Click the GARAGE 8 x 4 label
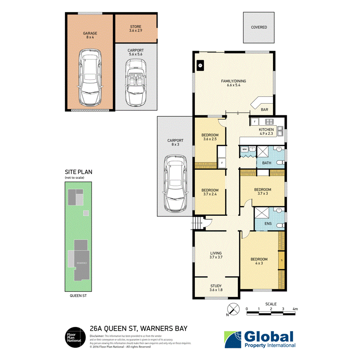point(90,35)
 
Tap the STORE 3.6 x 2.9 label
point(136,29)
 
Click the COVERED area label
point(259,27)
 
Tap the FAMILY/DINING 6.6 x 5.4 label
point(233,83)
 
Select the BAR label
point(264,110)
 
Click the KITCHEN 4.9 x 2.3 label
point(266,132)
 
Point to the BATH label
point(267,163)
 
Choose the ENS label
point(267,223)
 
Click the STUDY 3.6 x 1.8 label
point(216,289)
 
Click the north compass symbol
point(232,310)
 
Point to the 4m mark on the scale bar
point(295,309)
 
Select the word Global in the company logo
point(269,336)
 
